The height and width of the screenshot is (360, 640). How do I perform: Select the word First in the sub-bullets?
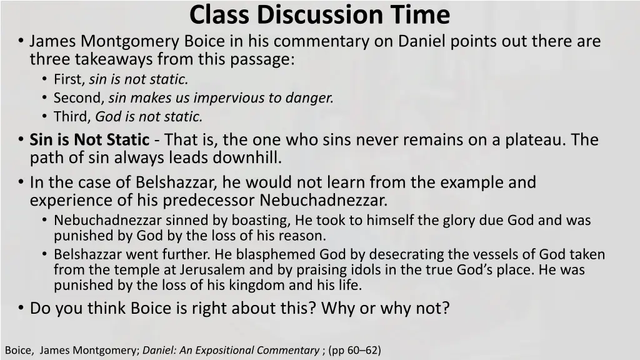[x=69, y=79]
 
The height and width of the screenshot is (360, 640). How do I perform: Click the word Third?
[x=72, y=116]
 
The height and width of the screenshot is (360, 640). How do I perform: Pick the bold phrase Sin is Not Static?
[x=89, y=139]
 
